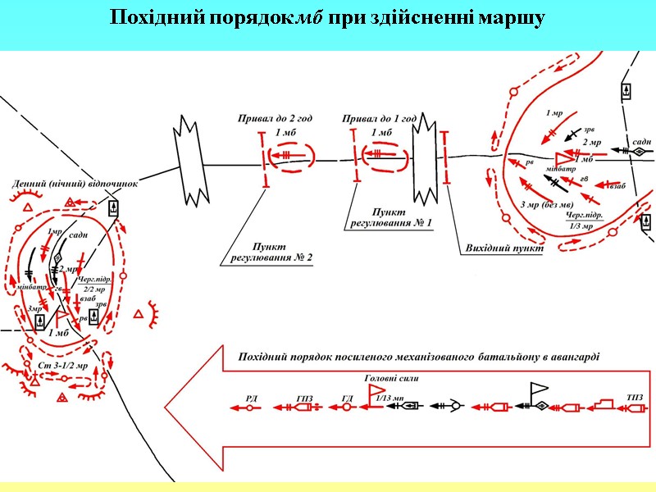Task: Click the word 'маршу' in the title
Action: point(509,18)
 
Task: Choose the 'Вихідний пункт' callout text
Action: point(499,248)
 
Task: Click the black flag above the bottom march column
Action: point(540,389)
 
